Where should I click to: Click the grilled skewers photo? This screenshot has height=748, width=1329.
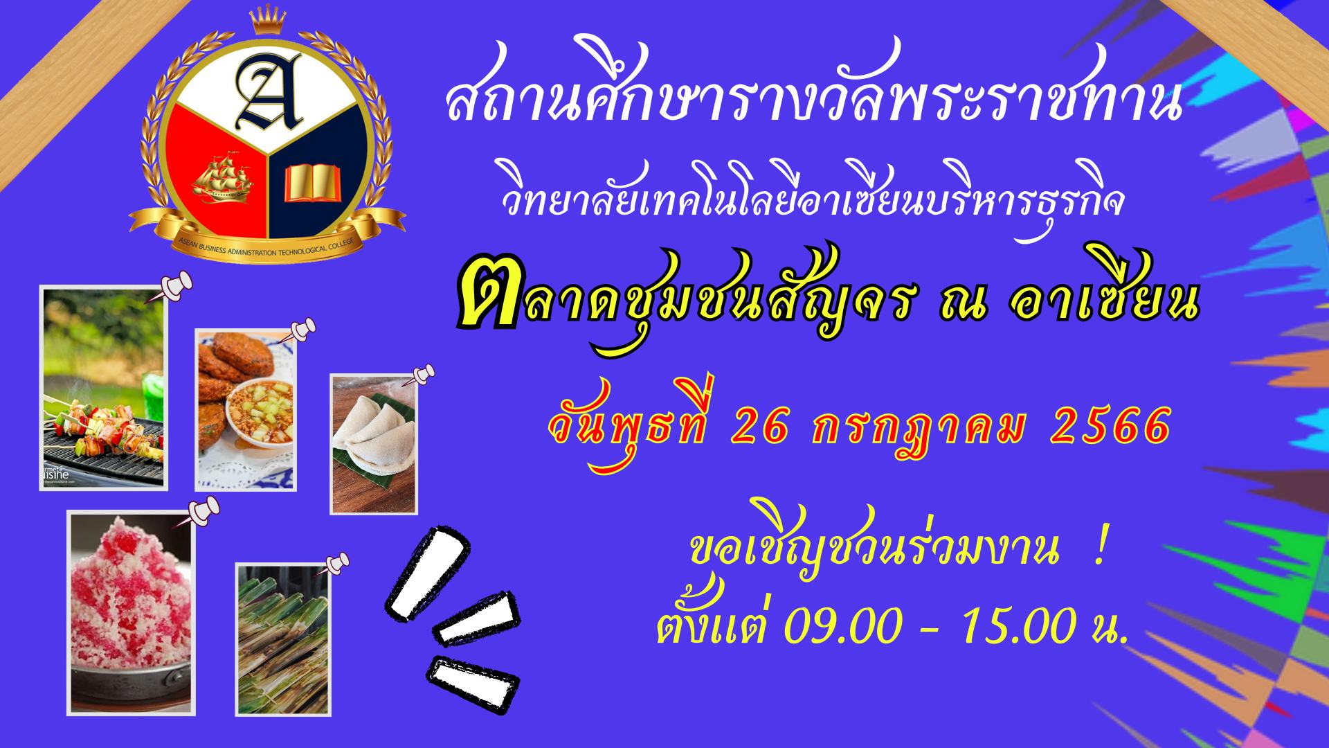click(x=104, y=389)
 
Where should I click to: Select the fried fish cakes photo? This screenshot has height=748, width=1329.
click(x=246, y=410)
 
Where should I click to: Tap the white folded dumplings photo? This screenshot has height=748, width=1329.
click(x=374, y=444)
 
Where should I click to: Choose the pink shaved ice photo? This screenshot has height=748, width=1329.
click(x=131, y=613)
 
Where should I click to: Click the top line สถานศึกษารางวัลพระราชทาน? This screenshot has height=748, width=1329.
click(x=813, y=97)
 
